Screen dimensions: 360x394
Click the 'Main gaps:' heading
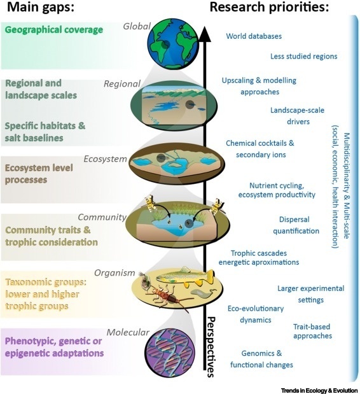[x=41, y=7]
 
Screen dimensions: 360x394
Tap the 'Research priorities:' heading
[x=269, y=7]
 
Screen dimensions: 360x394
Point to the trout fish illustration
[x=185, y=277]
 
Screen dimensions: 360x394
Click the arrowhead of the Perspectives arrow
[x=205, y=34]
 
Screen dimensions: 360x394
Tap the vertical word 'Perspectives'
[x=211, y=347]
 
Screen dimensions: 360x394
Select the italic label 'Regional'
[x=122, y=83]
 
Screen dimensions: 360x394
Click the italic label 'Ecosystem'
[x=105, y=158]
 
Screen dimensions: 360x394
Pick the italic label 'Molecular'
[x=128, y=332]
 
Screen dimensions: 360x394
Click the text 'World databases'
[x=254, y=36]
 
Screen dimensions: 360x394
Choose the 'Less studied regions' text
[x=304, y=56]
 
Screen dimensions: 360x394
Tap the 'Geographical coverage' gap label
[x=54, y=30]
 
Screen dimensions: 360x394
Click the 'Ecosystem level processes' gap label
[x=39, y=174]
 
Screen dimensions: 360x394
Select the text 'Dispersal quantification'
[x=296, y=225]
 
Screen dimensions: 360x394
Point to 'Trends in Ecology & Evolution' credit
[x=319, y=390]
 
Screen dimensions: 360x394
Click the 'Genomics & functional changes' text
[x=261, y=359]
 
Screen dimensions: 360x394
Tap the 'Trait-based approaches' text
[x=312, y=331]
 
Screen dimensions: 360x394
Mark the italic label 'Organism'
[x=114, y=272]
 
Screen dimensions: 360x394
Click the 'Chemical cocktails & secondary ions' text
[x=260, y=149]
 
